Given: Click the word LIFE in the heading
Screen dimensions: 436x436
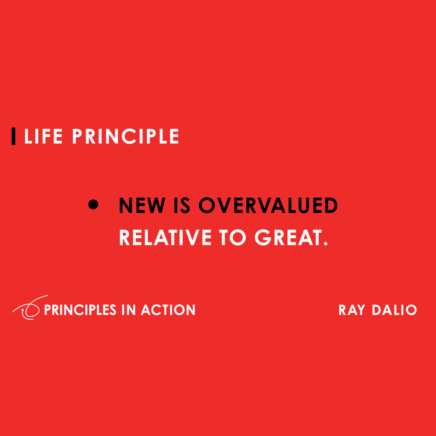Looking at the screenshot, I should click(43, 137).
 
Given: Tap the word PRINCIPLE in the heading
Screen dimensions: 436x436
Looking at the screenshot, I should click(125, 137).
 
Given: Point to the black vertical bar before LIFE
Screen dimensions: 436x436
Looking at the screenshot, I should click(13, 136).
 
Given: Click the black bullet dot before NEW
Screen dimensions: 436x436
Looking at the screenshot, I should click(93, 205).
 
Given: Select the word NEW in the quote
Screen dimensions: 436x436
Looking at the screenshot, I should click(142, 206).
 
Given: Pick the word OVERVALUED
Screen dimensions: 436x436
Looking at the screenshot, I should click(268, 206).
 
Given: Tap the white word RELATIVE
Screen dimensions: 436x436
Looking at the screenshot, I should click(165, 238).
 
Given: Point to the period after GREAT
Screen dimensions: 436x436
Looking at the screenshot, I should click(326, 244).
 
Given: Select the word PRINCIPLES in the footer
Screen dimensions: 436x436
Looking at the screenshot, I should click(80, 310).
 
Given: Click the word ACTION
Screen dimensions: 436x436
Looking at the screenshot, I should click(168, 310).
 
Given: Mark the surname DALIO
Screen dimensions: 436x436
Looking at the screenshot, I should click(394, 310).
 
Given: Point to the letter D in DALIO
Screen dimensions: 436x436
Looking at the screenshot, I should click(376, 310).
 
